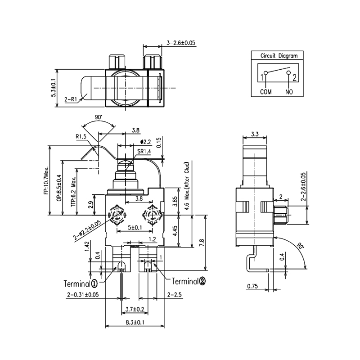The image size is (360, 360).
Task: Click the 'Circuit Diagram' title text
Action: [279, 56]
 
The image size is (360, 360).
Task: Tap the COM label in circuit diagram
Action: [266, 92]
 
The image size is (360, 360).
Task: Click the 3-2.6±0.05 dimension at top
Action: [181, 43]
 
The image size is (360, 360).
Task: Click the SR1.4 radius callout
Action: [144, 152]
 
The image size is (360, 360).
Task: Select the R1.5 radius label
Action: [81, 136]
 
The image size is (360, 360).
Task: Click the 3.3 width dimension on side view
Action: [254, 134]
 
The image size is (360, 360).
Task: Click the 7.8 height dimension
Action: [202, 243]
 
